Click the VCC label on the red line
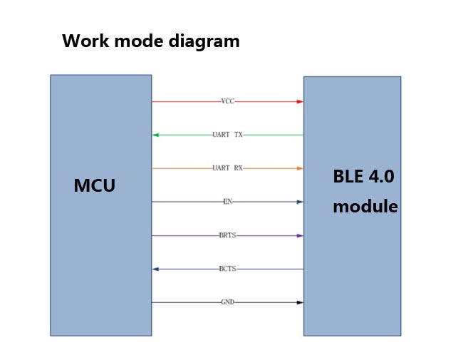(228, 101)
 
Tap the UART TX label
(227, 135)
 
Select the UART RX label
(227, 168)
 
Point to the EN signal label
(228, 202)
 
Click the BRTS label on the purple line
(228, 235)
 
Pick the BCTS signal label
(228, 269)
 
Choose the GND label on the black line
(228, 302)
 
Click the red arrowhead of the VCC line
(300, 102)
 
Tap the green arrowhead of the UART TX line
(155, 135)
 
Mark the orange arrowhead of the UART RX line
(300, 168)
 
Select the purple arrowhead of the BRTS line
(300, 236)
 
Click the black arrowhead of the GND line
(300, 302)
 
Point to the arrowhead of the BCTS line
(155, 269)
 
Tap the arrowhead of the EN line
(300, 202)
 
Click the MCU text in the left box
(95, 185)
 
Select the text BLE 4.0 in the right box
(363, 176)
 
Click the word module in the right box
(365, 207)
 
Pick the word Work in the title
(85, 41)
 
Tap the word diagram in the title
(204, 41)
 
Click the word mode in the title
(139, 41)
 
